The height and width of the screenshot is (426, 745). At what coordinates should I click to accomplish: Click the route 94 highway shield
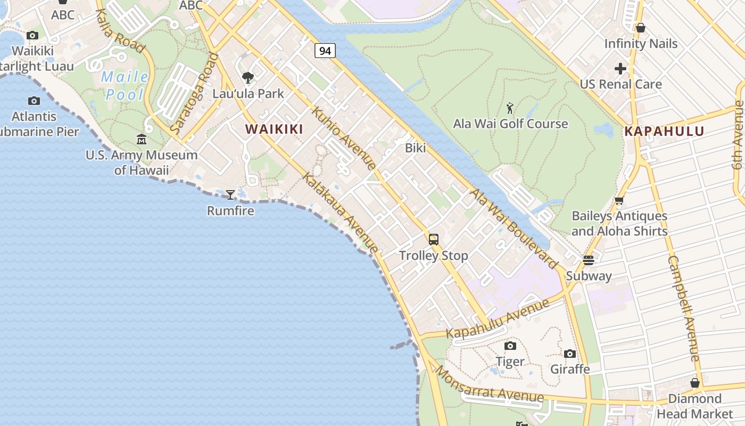tap(325, 51)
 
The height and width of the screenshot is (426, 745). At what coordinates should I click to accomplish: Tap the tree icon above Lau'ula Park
tap(248, 78)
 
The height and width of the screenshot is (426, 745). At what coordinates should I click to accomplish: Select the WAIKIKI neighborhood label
tap(274, 129)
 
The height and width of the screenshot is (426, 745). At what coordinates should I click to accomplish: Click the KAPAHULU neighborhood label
tap(664, 131)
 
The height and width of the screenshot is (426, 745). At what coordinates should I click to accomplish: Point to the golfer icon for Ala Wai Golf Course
tap(510, 109)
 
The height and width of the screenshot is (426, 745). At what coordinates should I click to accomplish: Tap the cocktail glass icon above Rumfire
tap(230, 195)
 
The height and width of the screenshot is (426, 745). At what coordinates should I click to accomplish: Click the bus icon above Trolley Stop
tap(434, 240)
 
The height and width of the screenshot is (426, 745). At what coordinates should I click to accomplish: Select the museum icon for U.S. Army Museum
tap(142, 140)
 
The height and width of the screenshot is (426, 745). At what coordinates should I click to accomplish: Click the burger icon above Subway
tap(588, 260)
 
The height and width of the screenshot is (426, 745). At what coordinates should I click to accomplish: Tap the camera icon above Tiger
tap(510, 346)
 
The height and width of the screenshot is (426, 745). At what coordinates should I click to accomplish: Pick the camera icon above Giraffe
tap(570, 354)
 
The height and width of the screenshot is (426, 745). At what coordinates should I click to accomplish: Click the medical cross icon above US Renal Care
tap(620, 69)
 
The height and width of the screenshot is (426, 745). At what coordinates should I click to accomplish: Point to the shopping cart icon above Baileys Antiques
tap(619, 201)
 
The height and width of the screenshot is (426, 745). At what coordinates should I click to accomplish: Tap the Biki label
tap(416, 148)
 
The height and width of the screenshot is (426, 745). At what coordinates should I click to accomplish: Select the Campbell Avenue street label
tap(683, 309)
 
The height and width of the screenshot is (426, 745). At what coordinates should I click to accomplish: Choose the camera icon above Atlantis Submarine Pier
tap(34, 101)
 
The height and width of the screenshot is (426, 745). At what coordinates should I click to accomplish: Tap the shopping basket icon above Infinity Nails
tap(641, 28)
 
